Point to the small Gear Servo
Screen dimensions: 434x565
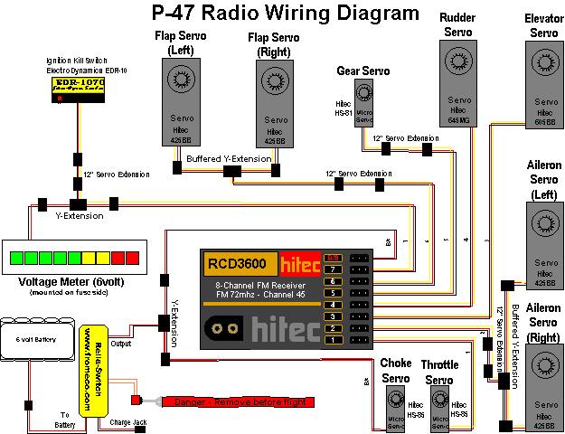tap(364, 102)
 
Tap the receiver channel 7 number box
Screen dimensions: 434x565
tap(333, 269)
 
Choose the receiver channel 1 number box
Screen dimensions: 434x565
tap(333, 339)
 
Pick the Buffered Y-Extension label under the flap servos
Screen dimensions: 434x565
tap(229, 158)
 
